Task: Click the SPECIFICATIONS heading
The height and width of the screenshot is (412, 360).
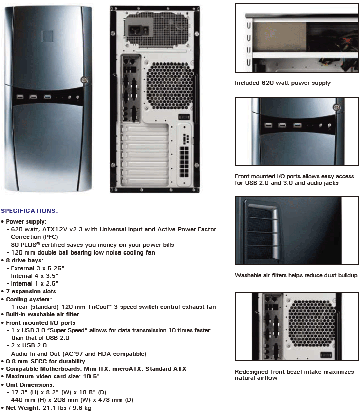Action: tap(30, 210)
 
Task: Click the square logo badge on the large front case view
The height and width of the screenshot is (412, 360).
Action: tap(48, 36)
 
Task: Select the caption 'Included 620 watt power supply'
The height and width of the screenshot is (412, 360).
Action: tap(282, 83)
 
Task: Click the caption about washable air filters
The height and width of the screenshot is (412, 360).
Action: tap(296, 275)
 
